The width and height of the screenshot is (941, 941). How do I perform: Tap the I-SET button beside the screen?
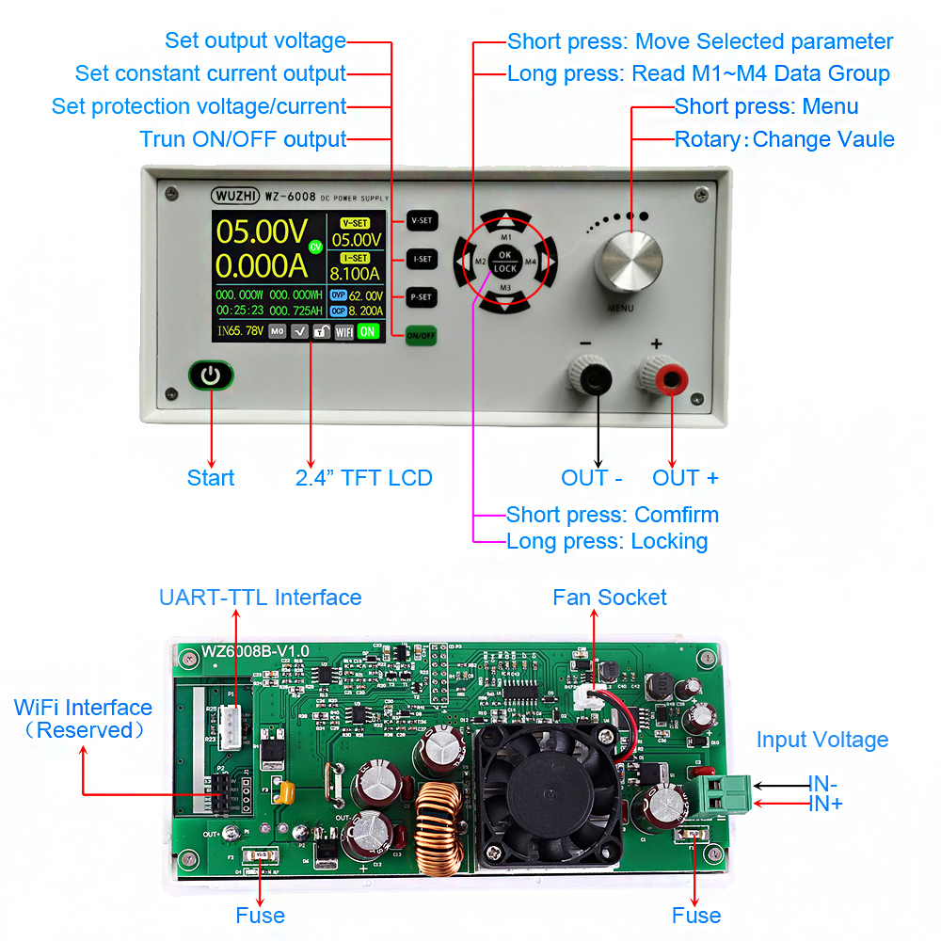[x=422, y=259]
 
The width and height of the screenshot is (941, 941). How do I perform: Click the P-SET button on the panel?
[x=422, y=297]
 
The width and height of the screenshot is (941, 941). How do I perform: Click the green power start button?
[x=211, y=375]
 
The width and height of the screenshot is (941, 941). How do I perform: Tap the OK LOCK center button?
[x=505, y=261]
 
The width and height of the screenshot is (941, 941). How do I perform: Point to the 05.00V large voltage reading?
[x=263, y=231]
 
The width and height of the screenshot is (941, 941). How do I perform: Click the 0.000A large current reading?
[x=263, y=266]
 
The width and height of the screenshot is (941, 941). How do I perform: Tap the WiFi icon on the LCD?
[x=344, y=331]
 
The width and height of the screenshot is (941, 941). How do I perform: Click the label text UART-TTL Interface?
[x=260, y=598]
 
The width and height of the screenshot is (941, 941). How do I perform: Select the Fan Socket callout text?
[x=609, y=598]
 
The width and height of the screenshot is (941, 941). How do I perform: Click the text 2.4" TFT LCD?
[x=363, y=478]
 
